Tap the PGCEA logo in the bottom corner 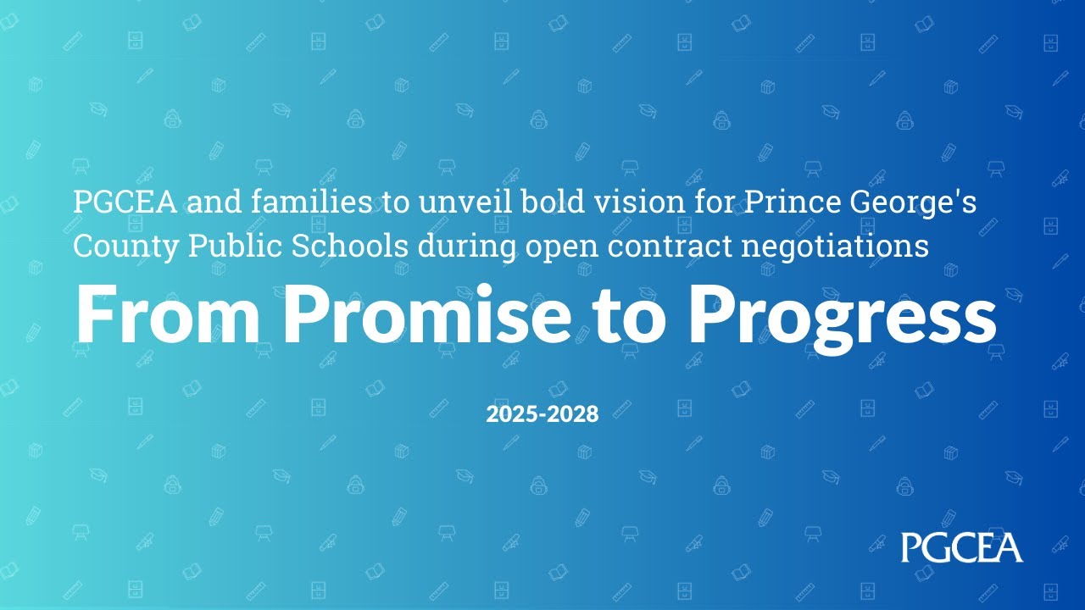pos(962,547)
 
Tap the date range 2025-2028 pos(542,415)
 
